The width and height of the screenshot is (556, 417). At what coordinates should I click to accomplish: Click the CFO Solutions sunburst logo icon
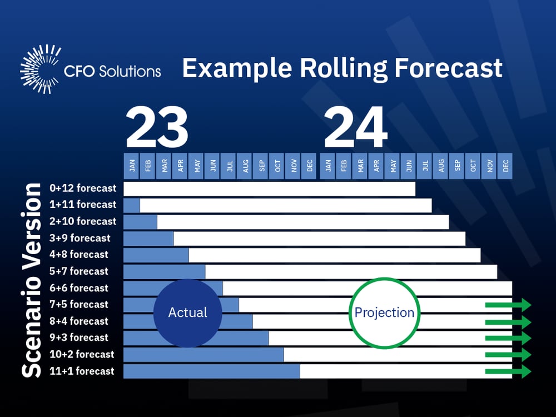[41, 69]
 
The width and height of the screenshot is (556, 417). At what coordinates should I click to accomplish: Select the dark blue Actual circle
[188, 312]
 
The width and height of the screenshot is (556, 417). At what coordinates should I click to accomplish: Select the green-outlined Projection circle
[384, 312]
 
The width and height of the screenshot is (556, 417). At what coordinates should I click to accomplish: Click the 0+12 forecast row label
[83, 188]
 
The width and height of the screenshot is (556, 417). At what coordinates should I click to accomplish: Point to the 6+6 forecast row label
[78, 288]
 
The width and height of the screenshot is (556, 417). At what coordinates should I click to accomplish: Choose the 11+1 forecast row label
[82, 371]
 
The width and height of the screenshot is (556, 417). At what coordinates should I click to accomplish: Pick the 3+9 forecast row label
[80, 238]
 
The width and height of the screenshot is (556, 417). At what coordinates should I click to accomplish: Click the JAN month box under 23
[132, 166]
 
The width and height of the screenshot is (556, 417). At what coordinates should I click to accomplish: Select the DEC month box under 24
[505, 166]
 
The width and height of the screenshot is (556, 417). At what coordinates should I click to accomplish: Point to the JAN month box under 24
[328, 166]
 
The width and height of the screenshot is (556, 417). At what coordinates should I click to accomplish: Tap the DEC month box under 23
[309, 166]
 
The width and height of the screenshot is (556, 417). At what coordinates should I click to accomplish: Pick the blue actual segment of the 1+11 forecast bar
[132, 205]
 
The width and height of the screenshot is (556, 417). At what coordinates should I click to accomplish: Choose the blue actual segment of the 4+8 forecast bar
[156, 255]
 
